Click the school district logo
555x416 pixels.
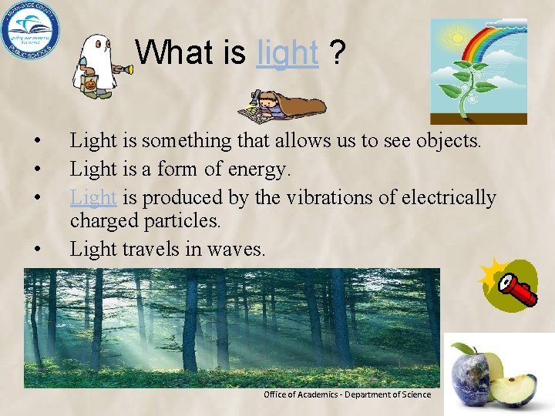click(x=31, y=32)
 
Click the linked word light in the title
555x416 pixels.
click(x=288, y=53)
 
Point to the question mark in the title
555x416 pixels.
click(x=336, y=53)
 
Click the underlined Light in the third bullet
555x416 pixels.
click(x=92, y=197)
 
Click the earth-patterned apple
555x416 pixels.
click(x=473, y=381)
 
